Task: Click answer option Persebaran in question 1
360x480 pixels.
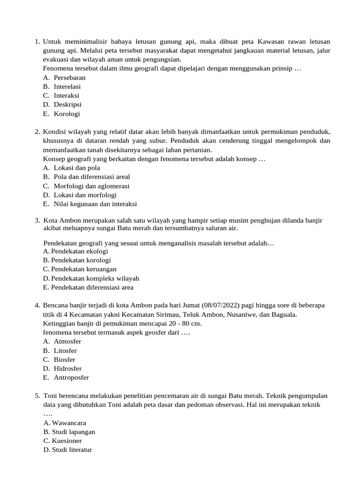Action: point(69,78)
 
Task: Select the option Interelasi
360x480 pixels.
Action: point(67,87)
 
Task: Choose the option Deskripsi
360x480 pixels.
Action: point(67,105)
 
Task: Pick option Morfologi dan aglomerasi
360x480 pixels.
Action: point(91,186)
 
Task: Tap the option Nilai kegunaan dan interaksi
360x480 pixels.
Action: point(95,204)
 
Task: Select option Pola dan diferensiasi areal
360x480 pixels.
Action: point(92,177)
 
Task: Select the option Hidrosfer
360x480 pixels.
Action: point(67,368)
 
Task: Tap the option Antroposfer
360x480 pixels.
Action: point(71,377)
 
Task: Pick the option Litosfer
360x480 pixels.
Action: point(65,351)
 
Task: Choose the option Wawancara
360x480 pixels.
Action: point(69,423)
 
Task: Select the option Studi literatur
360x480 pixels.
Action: point(72,450)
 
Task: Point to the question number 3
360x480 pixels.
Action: point(37,220)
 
